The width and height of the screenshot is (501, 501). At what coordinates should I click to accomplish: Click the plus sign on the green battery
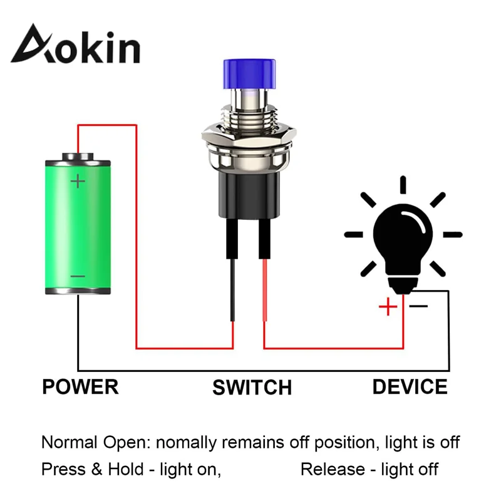(78, 182)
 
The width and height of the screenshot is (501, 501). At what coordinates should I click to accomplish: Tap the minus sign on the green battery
(78, 276)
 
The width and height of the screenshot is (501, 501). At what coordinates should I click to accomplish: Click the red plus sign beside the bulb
(388, 307)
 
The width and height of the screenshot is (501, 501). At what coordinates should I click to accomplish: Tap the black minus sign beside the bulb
(418, 306)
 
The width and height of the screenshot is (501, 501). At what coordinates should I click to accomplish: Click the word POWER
(80, 386)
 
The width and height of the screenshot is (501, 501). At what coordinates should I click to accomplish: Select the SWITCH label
(252, 388)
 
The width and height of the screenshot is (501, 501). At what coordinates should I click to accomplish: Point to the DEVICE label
(410, 386)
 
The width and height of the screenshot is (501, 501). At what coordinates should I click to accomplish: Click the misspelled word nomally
(188, 443)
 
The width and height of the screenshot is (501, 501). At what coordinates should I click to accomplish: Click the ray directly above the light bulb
(403, 185)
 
